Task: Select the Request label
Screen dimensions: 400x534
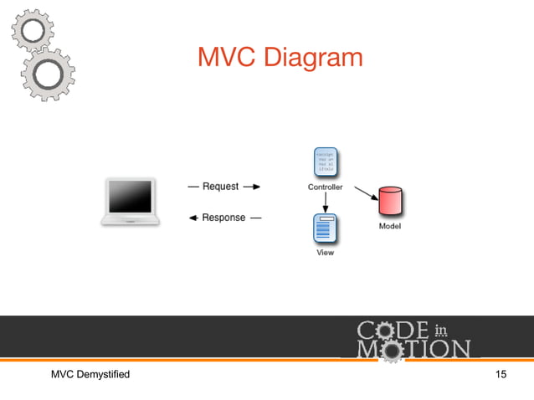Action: tap(220, 187)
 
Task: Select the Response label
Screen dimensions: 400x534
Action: tap(223, 218)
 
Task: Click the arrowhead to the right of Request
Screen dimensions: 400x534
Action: tap(256, 187)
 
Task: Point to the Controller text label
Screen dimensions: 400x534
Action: tap(325, 187)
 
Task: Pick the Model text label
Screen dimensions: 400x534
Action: tap(389, 227)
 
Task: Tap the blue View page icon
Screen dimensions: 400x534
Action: tap(325, 229)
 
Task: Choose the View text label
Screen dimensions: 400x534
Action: tap(325, 253)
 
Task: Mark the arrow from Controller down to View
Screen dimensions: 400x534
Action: tap(325, 203)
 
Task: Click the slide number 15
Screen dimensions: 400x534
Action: tap(501, 373)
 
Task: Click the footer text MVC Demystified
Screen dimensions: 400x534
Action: tap(90, 373)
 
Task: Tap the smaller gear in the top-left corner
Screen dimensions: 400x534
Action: tap(33, 31)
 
